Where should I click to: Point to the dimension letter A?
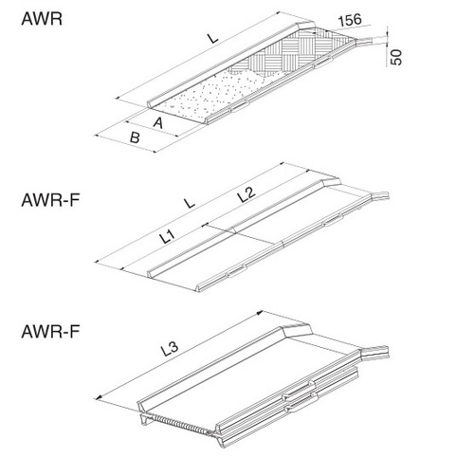pos(158,121)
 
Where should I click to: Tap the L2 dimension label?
pos(244,194)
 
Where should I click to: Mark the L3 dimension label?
pos(170,350)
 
